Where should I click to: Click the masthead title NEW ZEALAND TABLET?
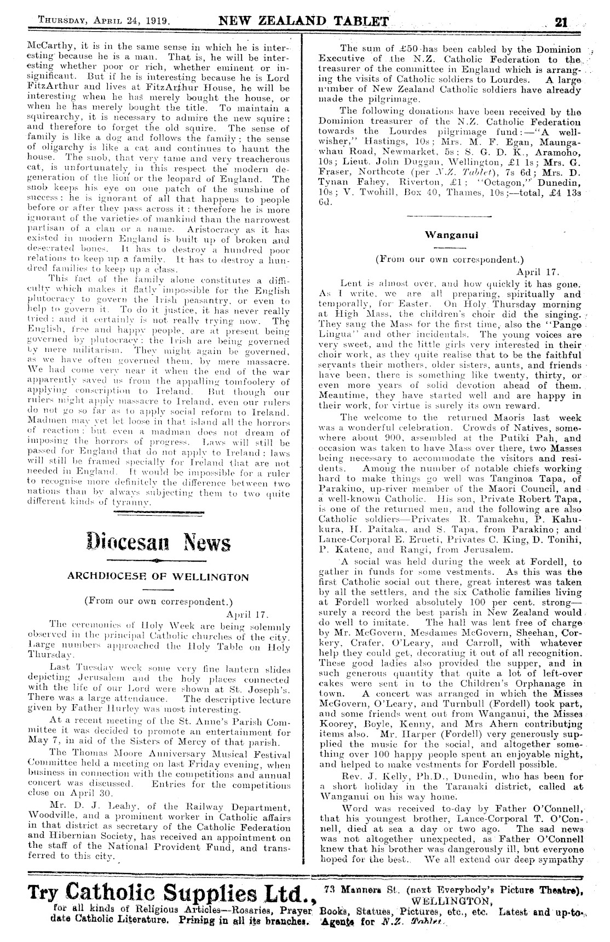303,22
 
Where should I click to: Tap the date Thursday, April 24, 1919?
103,22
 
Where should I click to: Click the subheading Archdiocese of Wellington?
158,577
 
